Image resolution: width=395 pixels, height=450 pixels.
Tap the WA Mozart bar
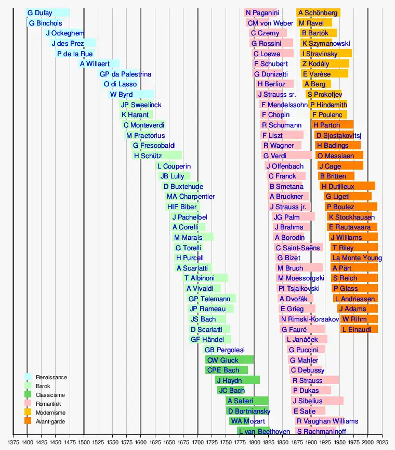[x=247, y=421]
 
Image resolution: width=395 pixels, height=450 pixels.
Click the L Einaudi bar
[x=359, y=329]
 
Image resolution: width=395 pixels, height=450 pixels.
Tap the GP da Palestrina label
[x=125, y=74]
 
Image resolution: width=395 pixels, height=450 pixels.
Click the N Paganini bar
[x=262, y=12]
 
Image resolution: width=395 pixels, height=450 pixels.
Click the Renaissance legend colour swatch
[x=28, y=377]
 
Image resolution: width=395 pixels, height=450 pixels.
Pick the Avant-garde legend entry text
[x=50, y=421]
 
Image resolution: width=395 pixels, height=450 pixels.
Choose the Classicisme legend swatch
[x=28, y=395]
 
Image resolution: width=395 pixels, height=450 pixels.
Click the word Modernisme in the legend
[x=50, y=413]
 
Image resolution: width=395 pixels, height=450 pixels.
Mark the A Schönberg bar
[x=318, y=12]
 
